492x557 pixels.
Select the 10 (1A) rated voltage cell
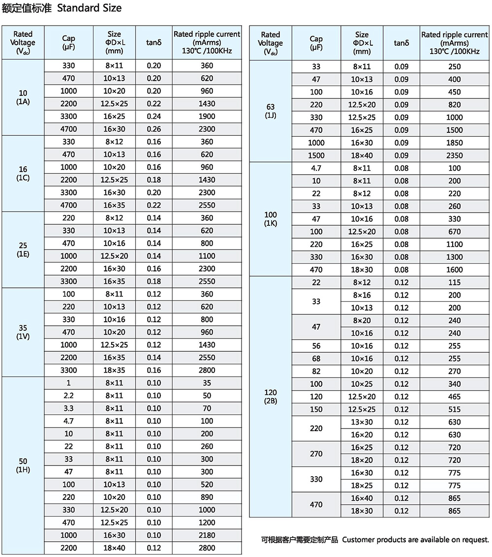click(x=23, y=97)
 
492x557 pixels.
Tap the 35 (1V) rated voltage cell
click(x=23, y=332)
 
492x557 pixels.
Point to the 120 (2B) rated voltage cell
click(x=271, y=397)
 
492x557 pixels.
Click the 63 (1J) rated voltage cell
click(x=271, y=111)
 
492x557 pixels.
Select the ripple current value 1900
click(x=207, y=116)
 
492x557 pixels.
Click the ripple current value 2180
click(x=207, y=535)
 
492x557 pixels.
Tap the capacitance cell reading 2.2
click(x=69, y=396)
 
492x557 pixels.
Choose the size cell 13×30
click(x=362, y=422)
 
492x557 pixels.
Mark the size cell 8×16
click(x=362, y=295)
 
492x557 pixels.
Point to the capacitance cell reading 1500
click(x=316, y=155)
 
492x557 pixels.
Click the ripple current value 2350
click(x=455, y=155)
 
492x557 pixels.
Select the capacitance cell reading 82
click(x=316, y=371)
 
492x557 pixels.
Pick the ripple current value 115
click(x=455, y=282)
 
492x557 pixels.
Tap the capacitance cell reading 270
click(x=316, y=454)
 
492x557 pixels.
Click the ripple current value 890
click(x=207, y=497)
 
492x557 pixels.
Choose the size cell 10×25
click(x=362, y=384)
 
